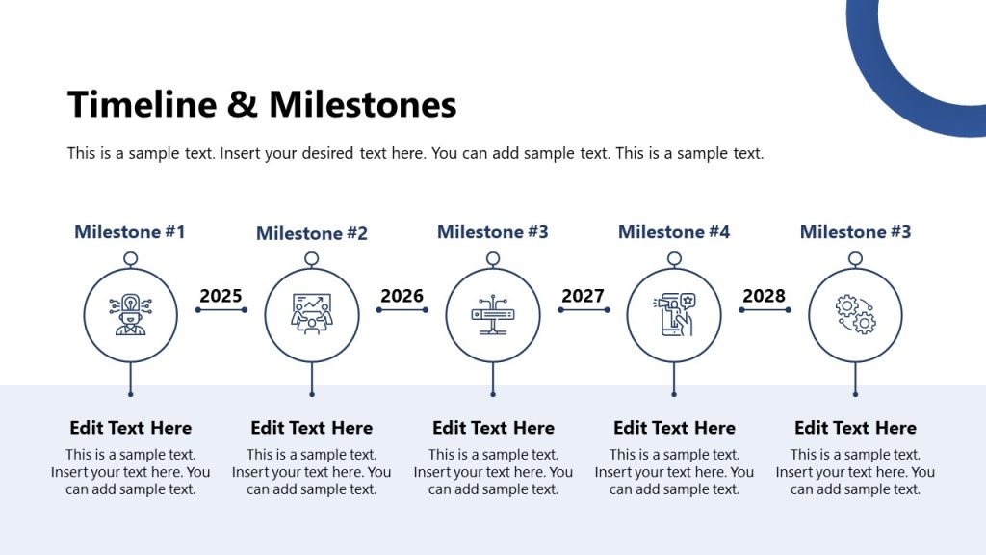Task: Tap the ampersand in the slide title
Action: point(242,104)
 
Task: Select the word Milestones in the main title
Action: point(362,104)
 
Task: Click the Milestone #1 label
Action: point(130,232)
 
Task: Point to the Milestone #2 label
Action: point(312,233)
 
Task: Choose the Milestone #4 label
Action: point(674,232)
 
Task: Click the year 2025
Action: point(221,296)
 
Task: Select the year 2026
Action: point(402,296)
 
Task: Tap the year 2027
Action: point(583,296)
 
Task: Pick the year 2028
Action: point(764,296)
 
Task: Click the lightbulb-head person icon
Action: point(130,315)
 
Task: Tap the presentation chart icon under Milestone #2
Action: point(311,315)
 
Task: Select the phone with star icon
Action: point(674,315)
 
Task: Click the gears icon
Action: point(855,315)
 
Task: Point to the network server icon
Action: point(493,315)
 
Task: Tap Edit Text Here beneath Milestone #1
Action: point(130,428)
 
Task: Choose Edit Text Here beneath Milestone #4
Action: point(674,428)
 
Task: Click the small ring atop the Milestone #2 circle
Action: point(311,259)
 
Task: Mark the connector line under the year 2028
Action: point(765,310)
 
